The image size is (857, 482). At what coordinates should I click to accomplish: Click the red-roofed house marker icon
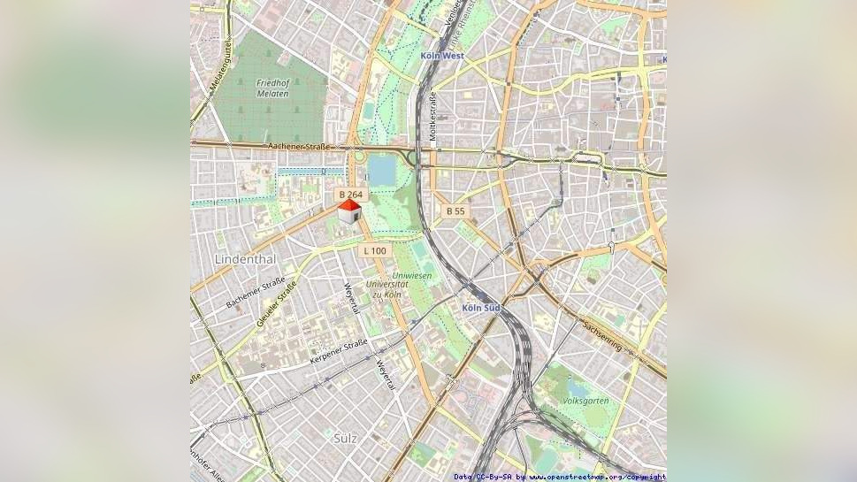pyautogui.click(x=349, y=210)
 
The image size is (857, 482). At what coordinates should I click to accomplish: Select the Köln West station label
pyautogui.click(x=442, y=56)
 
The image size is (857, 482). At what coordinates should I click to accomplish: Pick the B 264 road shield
pyautogui.click(x=350, y=194)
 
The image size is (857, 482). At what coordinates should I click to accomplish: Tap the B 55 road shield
pyautogui.click(x=455, y=211)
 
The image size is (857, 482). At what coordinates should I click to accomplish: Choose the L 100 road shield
pyautogui.click(x=374, y=251)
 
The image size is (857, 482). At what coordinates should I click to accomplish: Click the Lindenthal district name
pyautogui.click(x=245, y=259)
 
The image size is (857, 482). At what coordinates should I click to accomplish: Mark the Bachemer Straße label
pyautogui.click(x=249, y=293)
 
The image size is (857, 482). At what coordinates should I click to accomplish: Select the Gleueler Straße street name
pyautogui.click(x=276, y=305)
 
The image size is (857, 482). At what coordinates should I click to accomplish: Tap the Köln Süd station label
pyautogui.click(x=481, y=308)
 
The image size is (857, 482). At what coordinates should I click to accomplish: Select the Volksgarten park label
pyautogui.click(x=585, y=401)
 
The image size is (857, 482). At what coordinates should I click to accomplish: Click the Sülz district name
pyautogui.click(x=346, y=438)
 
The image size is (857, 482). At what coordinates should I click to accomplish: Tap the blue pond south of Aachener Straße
pyautogui.click(x=381, y=171)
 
